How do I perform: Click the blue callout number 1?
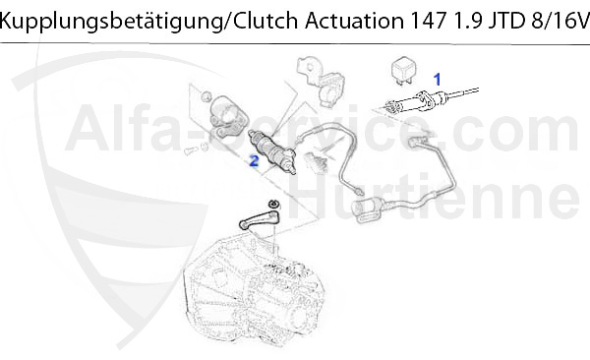(x=439, y=76)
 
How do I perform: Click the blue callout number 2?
(x=253, y=158)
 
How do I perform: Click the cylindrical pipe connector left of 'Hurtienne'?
(x=372, y=210)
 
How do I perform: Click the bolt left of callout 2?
(x=192, y=150)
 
